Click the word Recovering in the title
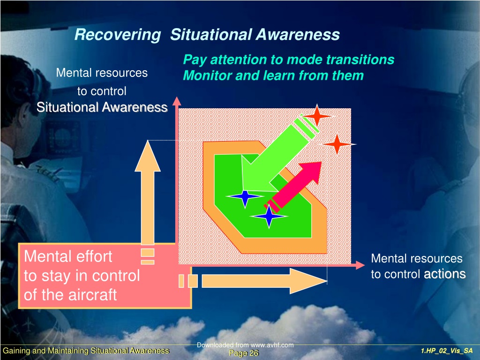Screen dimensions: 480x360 (118, 35)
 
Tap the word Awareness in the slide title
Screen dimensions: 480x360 (298, 34)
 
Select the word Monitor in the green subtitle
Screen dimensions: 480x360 (207, 75)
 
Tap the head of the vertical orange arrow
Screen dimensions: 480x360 (148, 156)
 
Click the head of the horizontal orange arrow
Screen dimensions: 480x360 (308, 281)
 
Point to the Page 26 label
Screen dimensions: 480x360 (244, 353)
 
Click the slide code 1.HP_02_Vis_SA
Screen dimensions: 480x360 (447, 351)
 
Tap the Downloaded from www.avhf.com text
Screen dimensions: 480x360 (245, 345)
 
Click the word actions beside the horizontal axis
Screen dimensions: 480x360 (445, 274)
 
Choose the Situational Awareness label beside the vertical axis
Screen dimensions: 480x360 (102, 107)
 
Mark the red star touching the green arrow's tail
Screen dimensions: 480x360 (317, 116)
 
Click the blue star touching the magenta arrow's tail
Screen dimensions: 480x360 (269, 216)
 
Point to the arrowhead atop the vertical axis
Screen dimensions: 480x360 (177, 101)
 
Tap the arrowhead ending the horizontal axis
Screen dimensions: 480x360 (360, 265)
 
